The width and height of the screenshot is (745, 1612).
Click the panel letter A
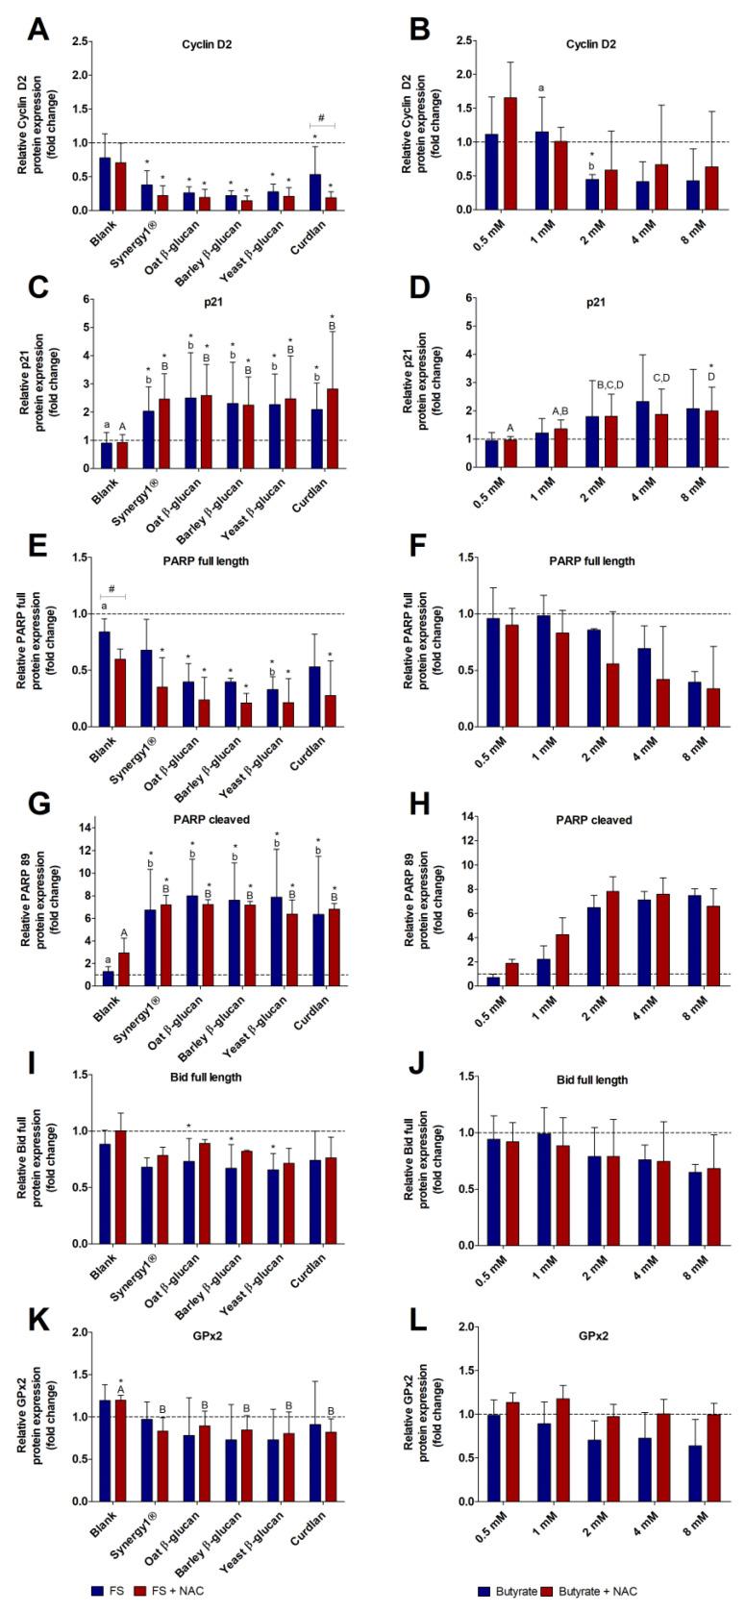click(x=37, y=29)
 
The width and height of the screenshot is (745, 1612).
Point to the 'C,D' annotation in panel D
click(x=660, y=378)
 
